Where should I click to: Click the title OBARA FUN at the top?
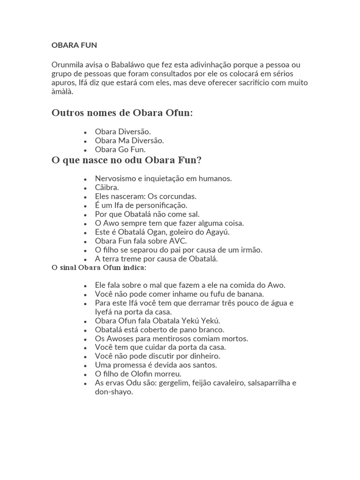click(74, 45)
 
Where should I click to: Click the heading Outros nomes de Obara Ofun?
click(122, 113)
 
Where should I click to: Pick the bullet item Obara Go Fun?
click(120, 150)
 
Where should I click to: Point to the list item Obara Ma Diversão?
click(129, 141)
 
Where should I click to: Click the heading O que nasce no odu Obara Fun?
click(127, 161)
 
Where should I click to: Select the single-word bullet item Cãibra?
click(107, 187)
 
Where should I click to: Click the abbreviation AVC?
click(178, 241)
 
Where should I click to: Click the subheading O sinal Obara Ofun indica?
click(98, 268)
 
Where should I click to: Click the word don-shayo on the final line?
click(114, 392)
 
